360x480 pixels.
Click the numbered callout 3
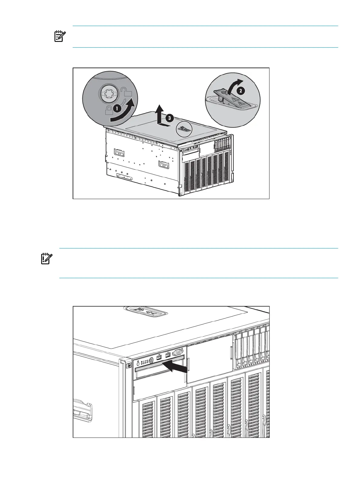click(x=170, y=118)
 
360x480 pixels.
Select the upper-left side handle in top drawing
click(x=119, y=152)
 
